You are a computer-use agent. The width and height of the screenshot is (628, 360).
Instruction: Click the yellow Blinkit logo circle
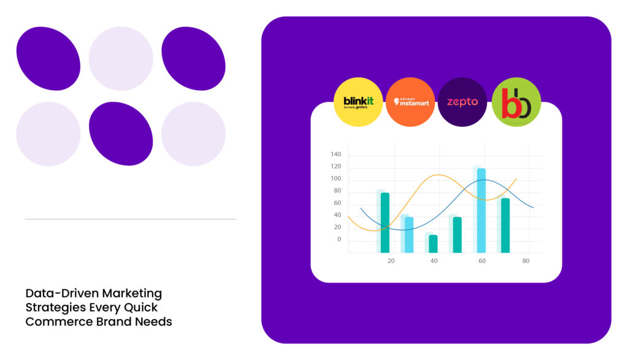click(358, 102)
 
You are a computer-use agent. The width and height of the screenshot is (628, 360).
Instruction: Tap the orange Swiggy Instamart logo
click(410, 102)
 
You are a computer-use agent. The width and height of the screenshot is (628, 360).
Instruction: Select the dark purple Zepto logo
click(462, 102)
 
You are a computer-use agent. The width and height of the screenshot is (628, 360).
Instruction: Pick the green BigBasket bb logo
click(516, 102)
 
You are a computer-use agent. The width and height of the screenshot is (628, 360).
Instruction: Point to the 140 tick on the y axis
click(335, 155)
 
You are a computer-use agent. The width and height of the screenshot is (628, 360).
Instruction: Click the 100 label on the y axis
click(335, 178)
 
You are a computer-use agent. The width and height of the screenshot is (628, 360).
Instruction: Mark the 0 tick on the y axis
click(339, 239)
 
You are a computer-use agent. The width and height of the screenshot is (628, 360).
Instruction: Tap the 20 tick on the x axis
click(391, 261)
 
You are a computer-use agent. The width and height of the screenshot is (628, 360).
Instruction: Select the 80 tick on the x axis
click(526, 261)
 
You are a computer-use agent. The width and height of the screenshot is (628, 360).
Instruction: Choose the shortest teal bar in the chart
click(433, 243)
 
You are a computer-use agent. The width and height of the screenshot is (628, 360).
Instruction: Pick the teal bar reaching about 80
click(385, 223)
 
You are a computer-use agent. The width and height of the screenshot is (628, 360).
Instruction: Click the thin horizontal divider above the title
click(131, 219)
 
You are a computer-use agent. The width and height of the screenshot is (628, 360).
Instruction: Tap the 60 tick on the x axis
click(482, 261)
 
